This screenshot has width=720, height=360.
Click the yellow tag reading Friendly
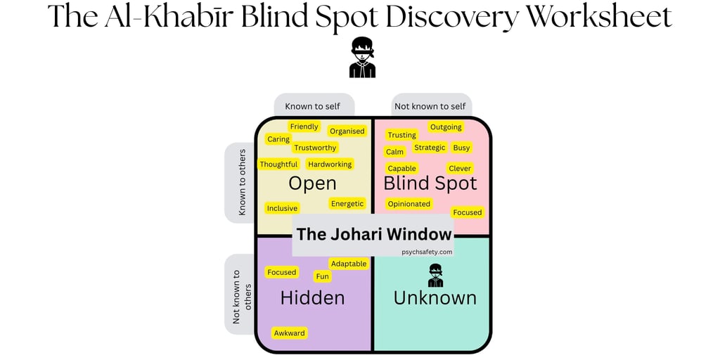point(304,127)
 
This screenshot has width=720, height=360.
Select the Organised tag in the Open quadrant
point(347,131)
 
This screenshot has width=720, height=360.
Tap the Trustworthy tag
point(315,148)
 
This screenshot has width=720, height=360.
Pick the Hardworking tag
point(330,165)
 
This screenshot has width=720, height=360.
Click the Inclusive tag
point(282,208)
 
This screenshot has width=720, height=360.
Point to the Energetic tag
point(347,204)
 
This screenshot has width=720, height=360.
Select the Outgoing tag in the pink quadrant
point(446,127)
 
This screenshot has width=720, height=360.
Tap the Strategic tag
point(430,148)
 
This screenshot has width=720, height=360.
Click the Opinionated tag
point(409,204)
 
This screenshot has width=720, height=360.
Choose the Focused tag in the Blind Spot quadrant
point(468,212)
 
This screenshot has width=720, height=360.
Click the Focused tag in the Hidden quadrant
point(282,272)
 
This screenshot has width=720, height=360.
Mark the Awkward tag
point(290,333)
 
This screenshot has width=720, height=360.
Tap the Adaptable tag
point(349,264)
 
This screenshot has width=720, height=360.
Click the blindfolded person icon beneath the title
point(362,58)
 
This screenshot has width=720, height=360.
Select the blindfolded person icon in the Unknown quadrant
point(436,275)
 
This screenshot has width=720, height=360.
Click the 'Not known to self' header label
point(430,106)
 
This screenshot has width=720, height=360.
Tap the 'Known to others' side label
point(242,182)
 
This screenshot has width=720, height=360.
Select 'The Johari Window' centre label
point(374,234)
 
